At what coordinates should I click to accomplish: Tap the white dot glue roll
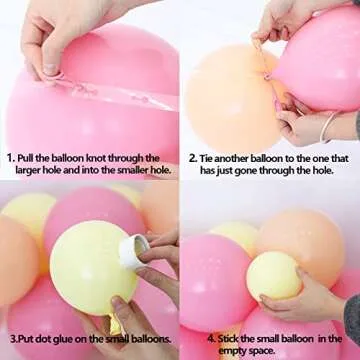pyautogui.click(x=131, y=250)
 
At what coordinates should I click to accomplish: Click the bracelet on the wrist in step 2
pyautogui.click(x=327, y=126)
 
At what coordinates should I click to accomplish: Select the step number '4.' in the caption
pyautogui.click(x=194, y=339)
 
